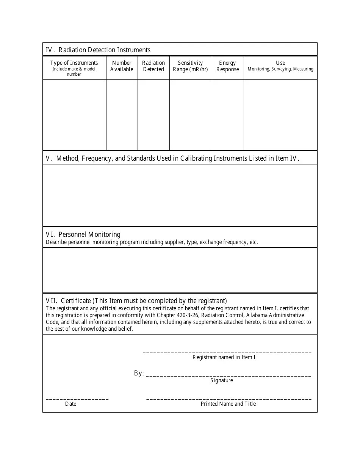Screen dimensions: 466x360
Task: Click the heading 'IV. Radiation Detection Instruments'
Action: pos(98,50)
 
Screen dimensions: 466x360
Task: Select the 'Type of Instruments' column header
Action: pos(74,63)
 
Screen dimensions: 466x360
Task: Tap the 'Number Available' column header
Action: pos(122,66)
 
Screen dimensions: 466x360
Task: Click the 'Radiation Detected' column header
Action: pos(153,66)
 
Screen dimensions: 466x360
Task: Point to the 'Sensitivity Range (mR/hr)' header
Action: pos(190,66)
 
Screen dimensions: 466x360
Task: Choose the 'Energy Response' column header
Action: pos(227,66)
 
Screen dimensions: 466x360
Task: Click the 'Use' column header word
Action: pos(280,63)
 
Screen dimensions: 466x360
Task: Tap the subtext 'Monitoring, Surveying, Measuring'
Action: pos(280,69)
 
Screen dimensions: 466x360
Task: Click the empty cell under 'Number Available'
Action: pos(122,114)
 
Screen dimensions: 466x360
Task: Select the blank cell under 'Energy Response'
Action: pos(227,114)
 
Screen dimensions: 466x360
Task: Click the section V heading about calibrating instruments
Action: pos(173,158)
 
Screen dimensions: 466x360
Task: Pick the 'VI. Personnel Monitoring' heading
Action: pos(83,235)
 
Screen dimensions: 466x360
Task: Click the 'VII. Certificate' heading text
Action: pos(136,301)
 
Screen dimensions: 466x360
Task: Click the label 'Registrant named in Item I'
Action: pos(224,357)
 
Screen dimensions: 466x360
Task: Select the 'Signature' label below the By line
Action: pos(222,380)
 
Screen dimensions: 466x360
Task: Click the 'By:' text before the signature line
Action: pos(139,374)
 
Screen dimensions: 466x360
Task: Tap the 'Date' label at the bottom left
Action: pos(70,404)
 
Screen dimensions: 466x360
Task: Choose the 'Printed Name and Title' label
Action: pos(228,404)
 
